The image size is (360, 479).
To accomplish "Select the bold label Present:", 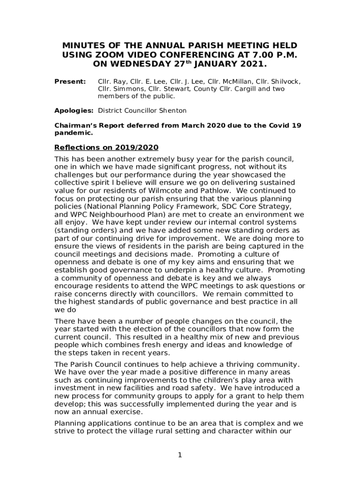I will (70, 81).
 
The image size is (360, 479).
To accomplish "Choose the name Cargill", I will (241, 89).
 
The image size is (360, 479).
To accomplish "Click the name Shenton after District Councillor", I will (173, 111).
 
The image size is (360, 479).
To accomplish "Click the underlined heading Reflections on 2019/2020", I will (107, 147).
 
